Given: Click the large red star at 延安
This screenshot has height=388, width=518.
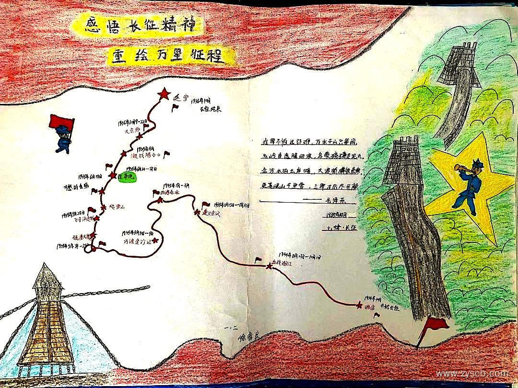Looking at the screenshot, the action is [164, 94].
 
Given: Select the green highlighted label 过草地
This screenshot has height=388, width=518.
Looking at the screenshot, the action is [127, 177].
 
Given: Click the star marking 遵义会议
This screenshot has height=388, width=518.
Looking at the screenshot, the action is [197, 212].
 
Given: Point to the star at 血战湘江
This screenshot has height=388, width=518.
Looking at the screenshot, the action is [268, 266].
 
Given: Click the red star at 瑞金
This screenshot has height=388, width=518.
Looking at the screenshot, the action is [359, 305].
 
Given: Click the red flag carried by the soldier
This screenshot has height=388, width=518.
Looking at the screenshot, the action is [60, 121].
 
